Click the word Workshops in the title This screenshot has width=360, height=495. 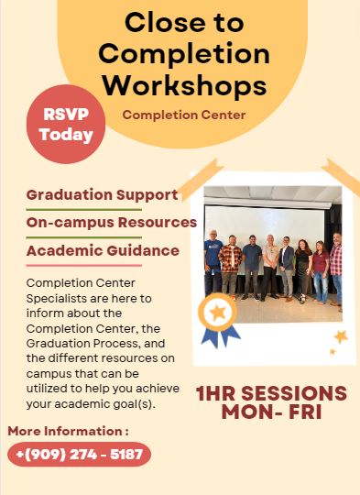185,85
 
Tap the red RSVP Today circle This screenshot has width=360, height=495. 66,124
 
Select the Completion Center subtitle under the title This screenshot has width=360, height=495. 184,115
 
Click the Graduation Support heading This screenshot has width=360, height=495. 103,195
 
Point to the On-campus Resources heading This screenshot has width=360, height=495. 112,223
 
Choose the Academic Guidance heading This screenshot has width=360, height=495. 103,250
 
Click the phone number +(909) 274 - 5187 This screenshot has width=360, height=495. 79,455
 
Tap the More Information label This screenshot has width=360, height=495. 68,431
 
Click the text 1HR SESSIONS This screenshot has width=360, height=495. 271,393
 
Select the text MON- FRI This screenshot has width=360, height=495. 271,412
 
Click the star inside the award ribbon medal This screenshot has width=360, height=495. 218,313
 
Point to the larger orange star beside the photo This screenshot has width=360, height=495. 341,336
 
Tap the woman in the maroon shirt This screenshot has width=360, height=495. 321,272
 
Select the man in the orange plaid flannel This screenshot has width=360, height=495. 230,267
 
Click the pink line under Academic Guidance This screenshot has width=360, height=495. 84,266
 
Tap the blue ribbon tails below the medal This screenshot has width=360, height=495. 221,336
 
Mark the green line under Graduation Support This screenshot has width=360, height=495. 84,210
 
